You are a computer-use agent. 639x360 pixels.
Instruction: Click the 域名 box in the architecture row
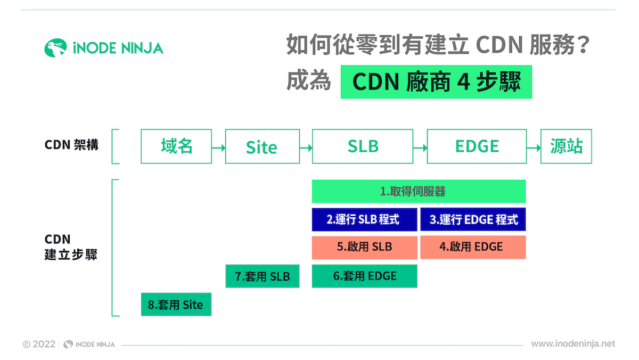click(176, 146)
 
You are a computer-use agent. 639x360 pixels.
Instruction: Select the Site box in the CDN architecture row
click(261, 146)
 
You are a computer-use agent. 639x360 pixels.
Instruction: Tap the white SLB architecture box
click(363, 146)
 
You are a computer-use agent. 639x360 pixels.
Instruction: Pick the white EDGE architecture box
click(477, 146)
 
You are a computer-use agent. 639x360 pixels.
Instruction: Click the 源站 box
click(566, 146)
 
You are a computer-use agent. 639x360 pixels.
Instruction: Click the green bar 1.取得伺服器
click(419, 191)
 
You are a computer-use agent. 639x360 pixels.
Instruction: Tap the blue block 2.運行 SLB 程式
click(364, 219)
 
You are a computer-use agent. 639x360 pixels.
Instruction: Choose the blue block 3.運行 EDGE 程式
click(473, 219)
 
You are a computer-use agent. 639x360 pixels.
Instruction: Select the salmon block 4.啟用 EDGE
click(473, 247)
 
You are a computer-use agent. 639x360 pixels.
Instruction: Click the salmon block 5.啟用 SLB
click(364, 247)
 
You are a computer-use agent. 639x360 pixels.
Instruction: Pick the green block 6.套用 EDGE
click(364, 276)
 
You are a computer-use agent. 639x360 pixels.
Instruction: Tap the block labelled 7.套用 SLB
click(262, 276)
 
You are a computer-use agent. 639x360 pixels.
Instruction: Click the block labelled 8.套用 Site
click(176, 305)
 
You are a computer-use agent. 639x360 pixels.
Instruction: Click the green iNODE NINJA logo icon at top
click(55, 48)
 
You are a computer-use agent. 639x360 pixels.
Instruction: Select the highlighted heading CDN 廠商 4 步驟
click(436, 82)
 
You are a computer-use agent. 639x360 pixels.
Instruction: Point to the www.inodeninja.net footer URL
click(573, 344)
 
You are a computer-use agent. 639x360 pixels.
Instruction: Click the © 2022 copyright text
click(39, 345)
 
